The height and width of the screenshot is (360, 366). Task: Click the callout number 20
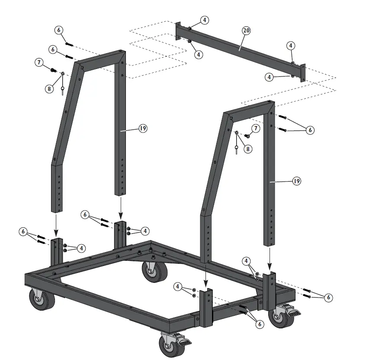pos(246,30)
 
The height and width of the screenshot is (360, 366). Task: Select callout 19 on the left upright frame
pos(143,128)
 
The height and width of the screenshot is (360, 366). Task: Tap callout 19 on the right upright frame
pos(296,181)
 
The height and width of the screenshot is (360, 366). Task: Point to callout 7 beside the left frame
pos(40,63)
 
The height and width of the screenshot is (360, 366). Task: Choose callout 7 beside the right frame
pos(256,128)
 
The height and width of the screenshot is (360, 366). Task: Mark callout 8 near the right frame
pos(247,148)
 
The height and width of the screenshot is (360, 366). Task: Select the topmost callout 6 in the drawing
pos(59,30)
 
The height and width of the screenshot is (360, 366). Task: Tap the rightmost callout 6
pos(328,297)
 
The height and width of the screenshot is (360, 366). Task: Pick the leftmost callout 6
pos(23,232)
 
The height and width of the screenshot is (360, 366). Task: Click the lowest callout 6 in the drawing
pos(260,324)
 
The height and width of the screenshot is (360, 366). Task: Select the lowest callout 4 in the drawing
pos(177,286)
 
